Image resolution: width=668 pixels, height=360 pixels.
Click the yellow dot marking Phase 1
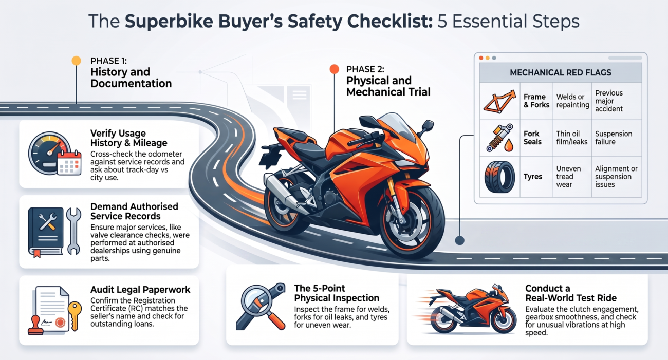pos(77,61)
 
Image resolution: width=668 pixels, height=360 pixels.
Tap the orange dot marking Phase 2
pos(335,69)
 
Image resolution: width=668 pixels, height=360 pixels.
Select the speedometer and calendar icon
pos(54,153)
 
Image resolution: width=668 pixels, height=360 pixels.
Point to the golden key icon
pos(75,316)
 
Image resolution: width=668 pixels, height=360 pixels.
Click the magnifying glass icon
pos(261,306)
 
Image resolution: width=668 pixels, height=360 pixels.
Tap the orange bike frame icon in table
pos(499,102)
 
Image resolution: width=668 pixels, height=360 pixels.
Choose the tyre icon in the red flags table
pos(499,177)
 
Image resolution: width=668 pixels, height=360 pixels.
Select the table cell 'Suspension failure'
pos(614,138)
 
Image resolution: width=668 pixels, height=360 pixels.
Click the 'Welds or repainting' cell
pos(572,101)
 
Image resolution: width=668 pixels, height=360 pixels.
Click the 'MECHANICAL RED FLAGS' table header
pos(560,72)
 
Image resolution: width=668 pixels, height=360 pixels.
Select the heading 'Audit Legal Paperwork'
pos(140,289)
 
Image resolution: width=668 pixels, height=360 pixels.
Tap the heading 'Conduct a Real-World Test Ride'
pos(571,293)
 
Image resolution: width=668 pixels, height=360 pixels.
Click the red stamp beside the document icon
pos(35,326)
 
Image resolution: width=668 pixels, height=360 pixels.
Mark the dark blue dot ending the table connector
pos(459,240)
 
